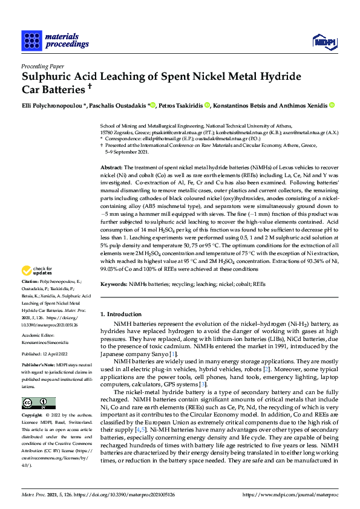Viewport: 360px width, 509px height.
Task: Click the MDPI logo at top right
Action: (x=324, y=41)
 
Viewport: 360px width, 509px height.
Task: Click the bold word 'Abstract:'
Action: (x=112, y=166)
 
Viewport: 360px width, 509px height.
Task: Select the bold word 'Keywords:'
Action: (x=114, y=284)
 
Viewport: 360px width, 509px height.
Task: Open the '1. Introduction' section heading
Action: (x=120, y=314)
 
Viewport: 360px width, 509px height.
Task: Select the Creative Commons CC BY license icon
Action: (x=38, y=403)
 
